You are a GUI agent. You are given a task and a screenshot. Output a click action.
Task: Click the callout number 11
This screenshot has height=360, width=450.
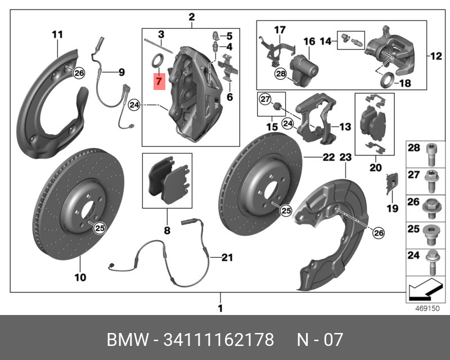click(57, 35)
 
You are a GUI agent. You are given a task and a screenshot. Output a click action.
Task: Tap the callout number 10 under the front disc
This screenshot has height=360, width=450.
click(80, 277)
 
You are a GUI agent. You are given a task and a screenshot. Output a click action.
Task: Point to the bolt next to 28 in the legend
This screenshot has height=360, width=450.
click(431, 155)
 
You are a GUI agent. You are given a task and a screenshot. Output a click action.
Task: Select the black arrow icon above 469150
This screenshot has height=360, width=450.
click(424, 290)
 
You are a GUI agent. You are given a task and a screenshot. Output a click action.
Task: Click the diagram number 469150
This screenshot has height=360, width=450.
click(427, 308)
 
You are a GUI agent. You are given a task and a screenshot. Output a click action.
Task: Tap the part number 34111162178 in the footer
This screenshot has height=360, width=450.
click(219, 340)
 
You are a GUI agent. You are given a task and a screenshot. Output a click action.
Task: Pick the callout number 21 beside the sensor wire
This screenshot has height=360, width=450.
click(227, 258)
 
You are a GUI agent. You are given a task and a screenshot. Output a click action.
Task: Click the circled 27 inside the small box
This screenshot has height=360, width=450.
click(265, 100)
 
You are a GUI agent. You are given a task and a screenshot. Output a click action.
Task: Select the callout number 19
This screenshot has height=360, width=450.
click(392, 209)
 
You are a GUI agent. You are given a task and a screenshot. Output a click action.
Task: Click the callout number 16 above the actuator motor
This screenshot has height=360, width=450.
click(309, 41)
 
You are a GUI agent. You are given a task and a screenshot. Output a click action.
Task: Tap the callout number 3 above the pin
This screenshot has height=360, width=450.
click(161, 35)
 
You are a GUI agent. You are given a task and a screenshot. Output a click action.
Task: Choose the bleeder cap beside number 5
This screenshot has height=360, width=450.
click(215, 36)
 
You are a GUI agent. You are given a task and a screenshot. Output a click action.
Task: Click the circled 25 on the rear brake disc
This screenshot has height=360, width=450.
click(286, 211)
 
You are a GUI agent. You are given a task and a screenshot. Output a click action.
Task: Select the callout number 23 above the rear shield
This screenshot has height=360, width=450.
click(345, 157)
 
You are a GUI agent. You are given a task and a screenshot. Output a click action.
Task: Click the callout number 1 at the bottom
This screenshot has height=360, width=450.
click(220, 308)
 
